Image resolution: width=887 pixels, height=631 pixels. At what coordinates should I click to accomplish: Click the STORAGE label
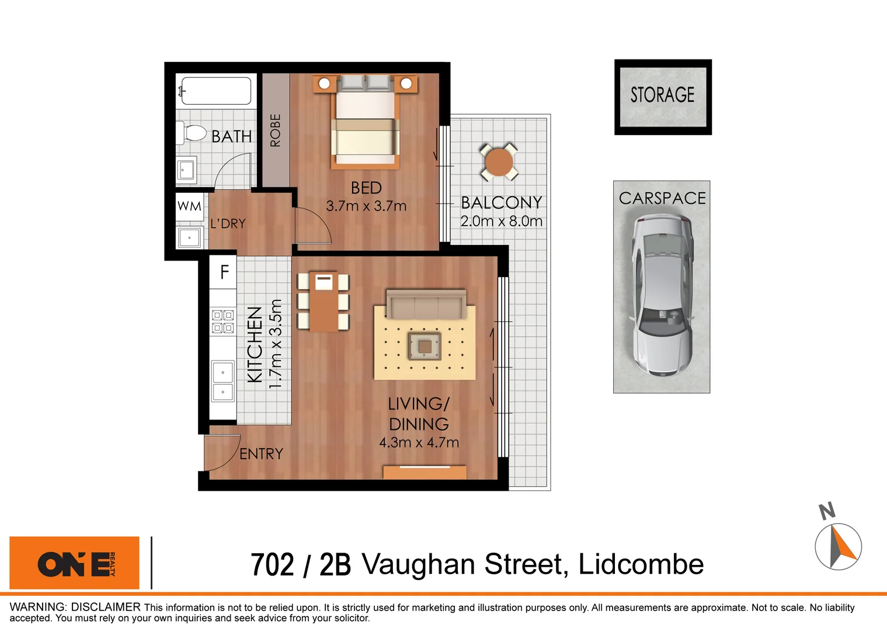[662, 95]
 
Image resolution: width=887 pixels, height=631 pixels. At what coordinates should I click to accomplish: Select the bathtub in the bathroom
[216, 91]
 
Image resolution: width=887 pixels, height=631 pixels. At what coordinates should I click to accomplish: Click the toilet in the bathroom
[193, 133]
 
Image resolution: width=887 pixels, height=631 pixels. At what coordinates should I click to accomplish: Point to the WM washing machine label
[189, 206]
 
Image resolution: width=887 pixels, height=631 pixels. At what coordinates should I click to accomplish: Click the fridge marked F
[224, 272]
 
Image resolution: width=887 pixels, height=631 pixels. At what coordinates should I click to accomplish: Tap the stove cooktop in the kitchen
[222, 321]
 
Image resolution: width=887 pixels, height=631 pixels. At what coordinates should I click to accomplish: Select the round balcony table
[499, 162]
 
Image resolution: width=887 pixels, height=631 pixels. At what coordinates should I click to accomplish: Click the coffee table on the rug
[425, 346]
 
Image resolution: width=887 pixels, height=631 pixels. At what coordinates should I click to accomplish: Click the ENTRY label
[261, 454]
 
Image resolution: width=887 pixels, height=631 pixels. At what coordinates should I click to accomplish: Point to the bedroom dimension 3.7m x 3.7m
[366, 206]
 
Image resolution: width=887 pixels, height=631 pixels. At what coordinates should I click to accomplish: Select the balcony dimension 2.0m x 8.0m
[501, 221]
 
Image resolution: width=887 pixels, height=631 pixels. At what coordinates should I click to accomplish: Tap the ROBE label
[275, 130]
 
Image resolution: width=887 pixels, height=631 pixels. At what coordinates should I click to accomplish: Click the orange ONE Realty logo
[75, 563]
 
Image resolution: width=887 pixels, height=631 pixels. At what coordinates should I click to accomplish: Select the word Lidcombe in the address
[641, 564]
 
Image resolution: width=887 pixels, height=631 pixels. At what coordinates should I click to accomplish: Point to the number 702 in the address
[272, 565]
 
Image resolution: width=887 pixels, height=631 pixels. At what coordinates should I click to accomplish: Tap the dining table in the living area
[324, 301]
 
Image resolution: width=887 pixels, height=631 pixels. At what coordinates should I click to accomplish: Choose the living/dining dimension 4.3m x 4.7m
[419, 443]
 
